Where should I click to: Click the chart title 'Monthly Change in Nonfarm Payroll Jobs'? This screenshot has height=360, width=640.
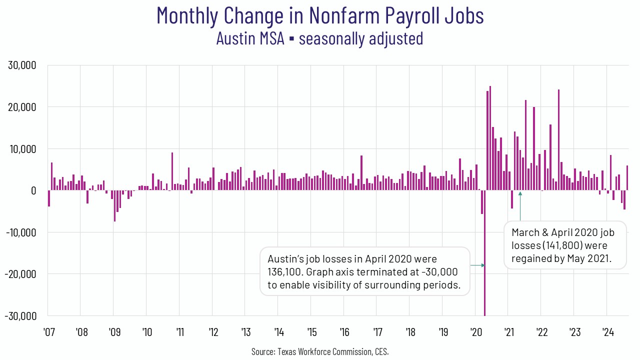click(320, 15)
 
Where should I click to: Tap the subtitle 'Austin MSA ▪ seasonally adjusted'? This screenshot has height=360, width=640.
click(320, 38)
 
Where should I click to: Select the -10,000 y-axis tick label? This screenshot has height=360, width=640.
click(20, 232)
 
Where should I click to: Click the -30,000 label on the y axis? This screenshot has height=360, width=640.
click(20, 316)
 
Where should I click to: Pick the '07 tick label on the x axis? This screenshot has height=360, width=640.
click(48, 331)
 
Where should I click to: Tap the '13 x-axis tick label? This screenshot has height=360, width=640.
click(246, 331)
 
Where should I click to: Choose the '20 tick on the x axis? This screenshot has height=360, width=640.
click(476, 331)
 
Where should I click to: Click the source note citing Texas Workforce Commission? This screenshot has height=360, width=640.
click(320, 351)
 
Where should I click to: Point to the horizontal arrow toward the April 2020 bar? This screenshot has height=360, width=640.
click(477, 265)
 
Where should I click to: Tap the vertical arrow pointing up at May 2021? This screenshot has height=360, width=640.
click(520, 206)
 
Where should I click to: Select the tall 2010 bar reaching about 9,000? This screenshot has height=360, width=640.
click(172, 171)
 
